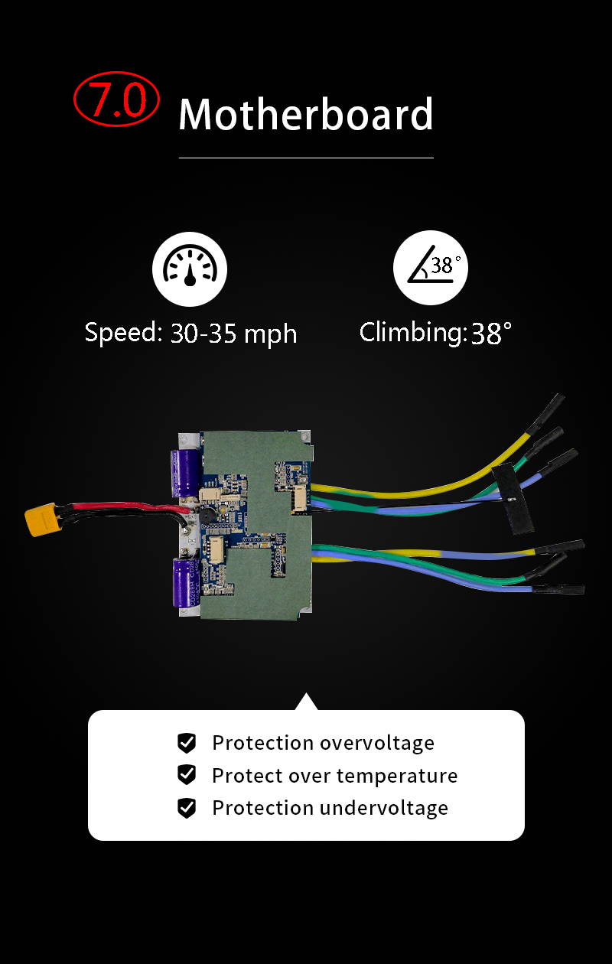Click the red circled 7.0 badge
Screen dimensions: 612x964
click(x=116, y=99)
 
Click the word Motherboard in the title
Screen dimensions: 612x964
click(x=305, y=113)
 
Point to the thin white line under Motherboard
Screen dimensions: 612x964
click(x=306, y=158)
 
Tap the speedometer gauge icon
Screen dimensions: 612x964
click(x=190, y=269)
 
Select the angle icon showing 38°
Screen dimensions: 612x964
click(x=431, y=268)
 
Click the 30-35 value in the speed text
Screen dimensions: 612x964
click(x=203, y=333)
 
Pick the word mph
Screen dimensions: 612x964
click(x=270, y=335)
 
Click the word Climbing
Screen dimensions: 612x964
click(x=411, y=333)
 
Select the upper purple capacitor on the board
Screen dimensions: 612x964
click(x=185, y=473)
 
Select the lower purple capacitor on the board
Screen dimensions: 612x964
click(x=187, y=582)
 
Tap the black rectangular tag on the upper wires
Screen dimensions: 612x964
click(x=513, y=499)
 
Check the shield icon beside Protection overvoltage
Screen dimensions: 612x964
click(x=187, y=743)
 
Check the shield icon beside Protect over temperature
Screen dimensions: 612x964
click(x=187, y=775)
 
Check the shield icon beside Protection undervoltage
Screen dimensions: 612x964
click(x=187, y=808)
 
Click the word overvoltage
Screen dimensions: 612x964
click(x=377, y=744)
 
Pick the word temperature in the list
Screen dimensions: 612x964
click(x=397, y=777)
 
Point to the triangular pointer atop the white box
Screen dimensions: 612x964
click(x=306, y=702)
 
